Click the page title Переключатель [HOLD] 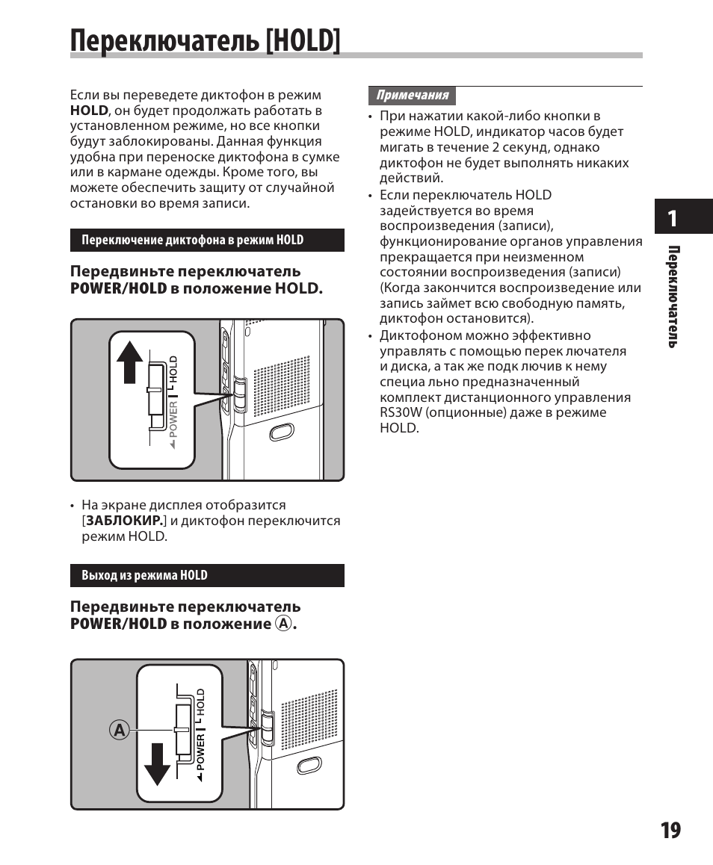click(x=206, y=40)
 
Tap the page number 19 click(x=670, y=830)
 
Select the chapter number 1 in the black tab click(x=673, y=218)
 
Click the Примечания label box click(x=412, y=96)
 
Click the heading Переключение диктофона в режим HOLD click(x=192, y=240)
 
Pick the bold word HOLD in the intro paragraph click(x=89, y=111)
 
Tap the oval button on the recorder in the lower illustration click(x=308, y=766)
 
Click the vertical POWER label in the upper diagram click(x=173, y=419)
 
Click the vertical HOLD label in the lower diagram click(x=200, y=704)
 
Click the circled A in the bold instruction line click(x=283, y=623)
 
